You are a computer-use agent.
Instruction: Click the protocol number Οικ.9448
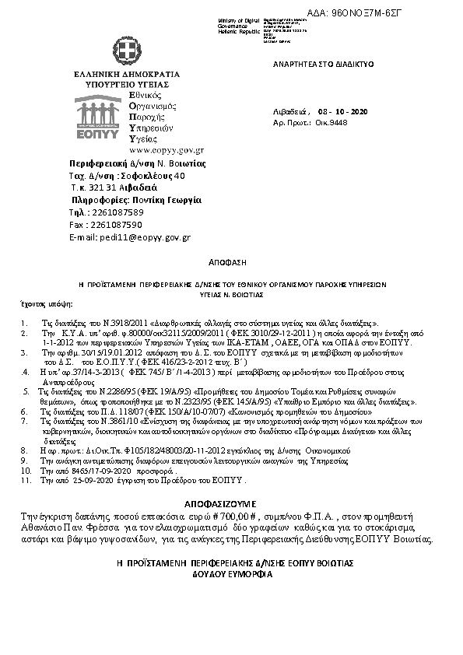click(342, 123)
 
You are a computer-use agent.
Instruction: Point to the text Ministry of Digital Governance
click(240, 25)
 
